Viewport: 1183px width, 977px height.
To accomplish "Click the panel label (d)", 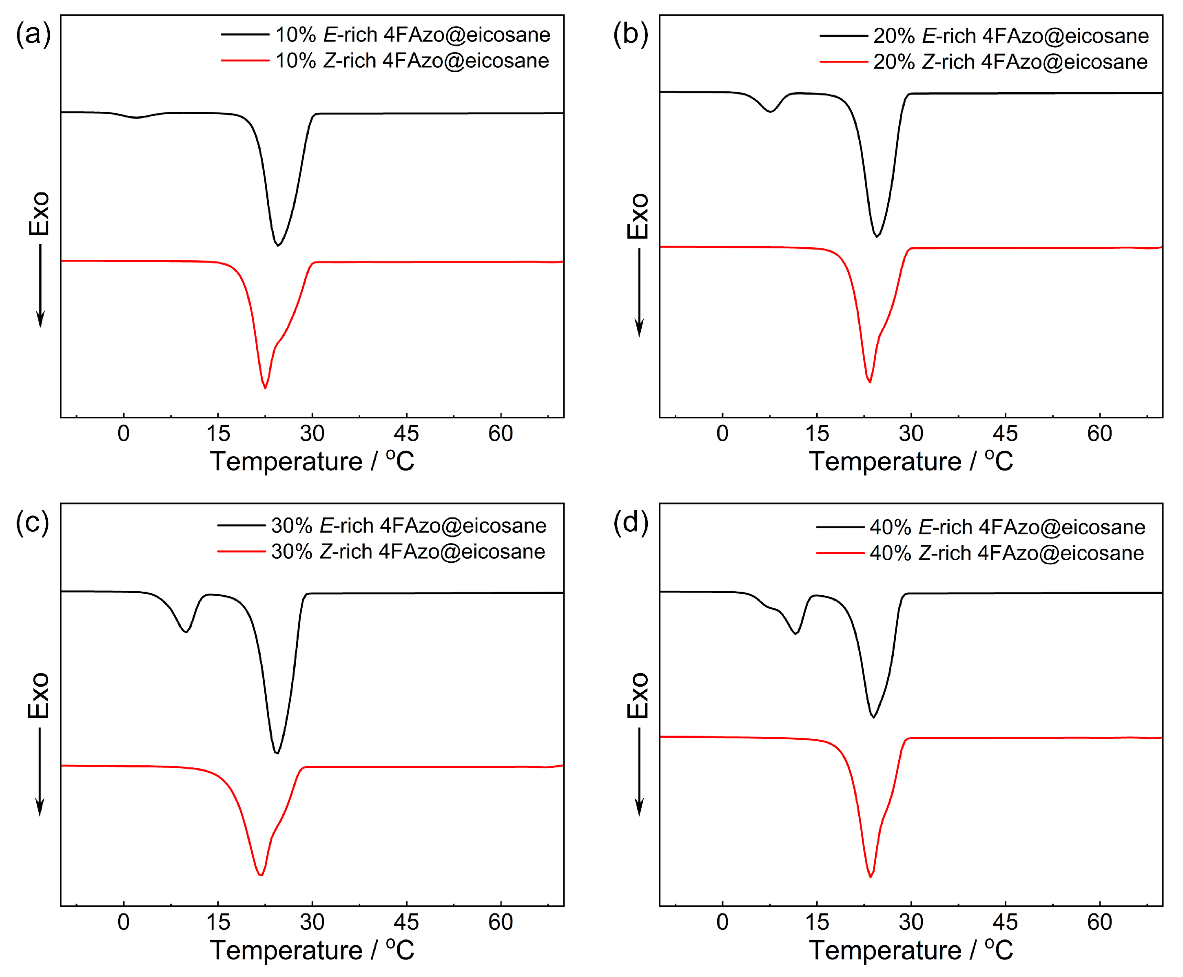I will [630, 523].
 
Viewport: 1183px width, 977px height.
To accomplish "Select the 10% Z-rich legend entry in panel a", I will [411, 61].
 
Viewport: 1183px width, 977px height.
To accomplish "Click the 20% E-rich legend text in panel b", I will [1010, 36].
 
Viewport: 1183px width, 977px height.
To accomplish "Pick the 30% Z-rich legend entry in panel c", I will [408, 552].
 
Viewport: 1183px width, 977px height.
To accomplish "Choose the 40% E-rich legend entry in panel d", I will [1007, 527].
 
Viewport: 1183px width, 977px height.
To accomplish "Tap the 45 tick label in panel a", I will [406, 433].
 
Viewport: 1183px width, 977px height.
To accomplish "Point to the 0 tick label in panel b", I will [722, 433].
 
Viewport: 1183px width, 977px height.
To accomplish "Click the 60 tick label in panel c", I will [500, 922].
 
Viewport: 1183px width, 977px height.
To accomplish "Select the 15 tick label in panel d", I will [816, 922].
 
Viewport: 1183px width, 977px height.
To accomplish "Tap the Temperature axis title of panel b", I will [911, 462].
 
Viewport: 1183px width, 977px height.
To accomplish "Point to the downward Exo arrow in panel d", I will [639, 771].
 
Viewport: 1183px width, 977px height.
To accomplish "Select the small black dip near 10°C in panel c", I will [185, 632].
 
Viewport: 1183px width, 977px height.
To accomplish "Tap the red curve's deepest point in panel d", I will [871, 877].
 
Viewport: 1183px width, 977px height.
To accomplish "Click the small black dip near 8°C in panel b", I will [770, 111].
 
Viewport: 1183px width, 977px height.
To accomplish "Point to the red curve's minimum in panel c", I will [260, 875].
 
